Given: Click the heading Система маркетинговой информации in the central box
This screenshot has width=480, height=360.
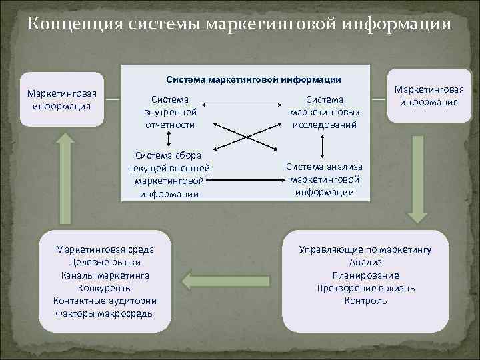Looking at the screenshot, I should click(x=245, y=80).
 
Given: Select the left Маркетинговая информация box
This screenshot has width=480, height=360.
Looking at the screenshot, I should click(x=61, y=99).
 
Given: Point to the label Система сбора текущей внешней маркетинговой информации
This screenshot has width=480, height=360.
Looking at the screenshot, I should click(x=169, y=175).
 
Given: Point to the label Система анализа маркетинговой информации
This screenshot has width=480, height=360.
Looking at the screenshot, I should click(x=324, y=179).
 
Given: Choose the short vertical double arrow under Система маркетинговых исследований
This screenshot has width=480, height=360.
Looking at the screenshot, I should click(x=323, y=146).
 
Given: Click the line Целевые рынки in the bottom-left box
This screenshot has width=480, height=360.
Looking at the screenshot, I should click(x=105, y=262).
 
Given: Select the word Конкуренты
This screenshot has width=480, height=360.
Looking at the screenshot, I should click(x=105, y=288).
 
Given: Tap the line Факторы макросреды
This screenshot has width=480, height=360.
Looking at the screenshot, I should click(x=105, y=313).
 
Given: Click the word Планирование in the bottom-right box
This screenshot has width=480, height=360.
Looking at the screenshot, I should click(x=365, y=275).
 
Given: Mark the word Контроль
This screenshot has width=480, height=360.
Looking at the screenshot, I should click(x=365, y=301).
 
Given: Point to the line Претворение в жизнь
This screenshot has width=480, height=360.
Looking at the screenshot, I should click(x=365, y=288).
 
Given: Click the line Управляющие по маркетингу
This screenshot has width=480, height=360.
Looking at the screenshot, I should click(x=365, y=249).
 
